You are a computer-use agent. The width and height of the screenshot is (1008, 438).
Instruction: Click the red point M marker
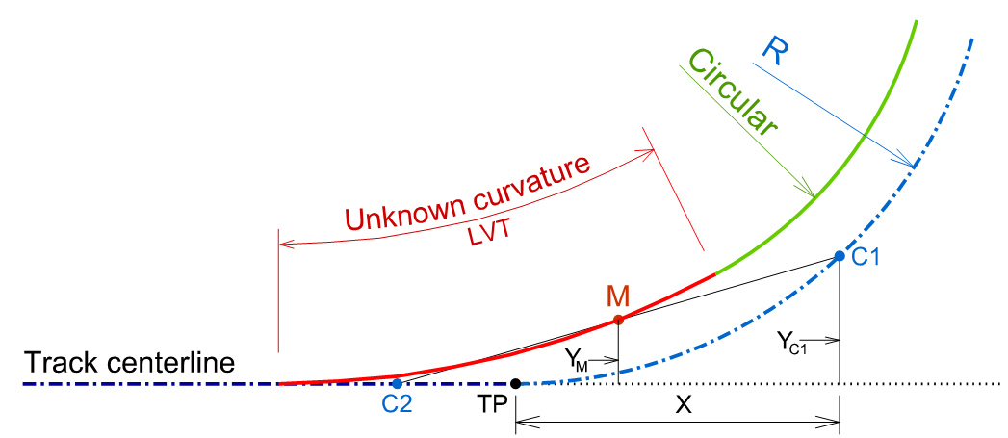coord(618,319)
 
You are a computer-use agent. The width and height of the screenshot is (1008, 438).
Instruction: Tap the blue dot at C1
coord(839,256)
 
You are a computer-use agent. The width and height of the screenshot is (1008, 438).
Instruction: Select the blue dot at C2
coord(397,384)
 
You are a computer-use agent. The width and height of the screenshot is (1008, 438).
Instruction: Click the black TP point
coord(515,384)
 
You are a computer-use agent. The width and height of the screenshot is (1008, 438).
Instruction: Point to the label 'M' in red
coord(618,296)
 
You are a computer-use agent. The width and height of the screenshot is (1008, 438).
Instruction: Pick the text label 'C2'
coord(397,406)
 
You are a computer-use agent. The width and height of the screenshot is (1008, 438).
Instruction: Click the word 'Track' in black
coord(59,364)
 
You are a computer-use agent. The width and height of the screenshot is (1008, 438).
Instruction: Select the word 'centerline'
coord(168,364)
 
